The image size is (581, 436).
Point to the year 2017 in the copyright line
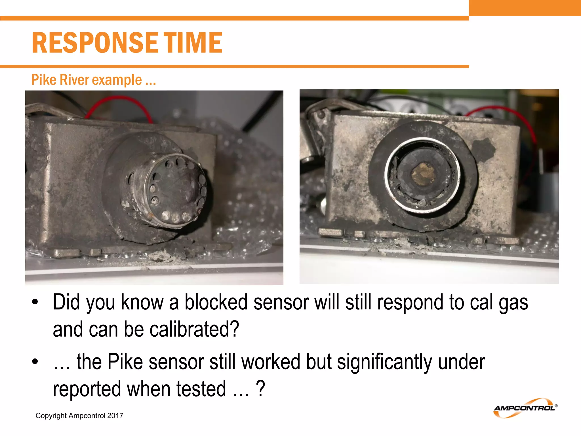point(115,416)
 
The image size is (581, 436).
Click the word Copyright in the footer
point(51,416)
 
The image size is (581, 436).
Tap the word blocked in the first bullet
point(216,302)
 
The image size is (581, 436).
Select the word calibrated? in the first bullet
point(194,329)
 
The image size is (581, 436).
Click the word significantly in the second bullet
point(385,362)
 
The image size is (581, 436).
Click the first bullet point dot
point(35,302)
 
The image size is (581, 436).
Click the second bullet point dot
point(35,362)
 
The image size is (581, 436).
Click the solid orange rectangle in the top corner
point(525,8)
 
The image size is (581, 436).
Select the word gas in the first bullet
point(513,302)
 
